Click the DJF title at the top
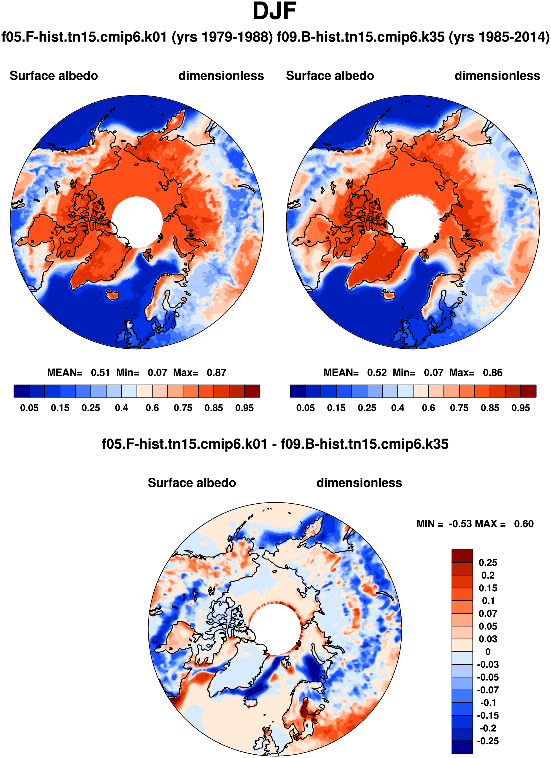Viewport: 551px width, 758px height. [275, 11]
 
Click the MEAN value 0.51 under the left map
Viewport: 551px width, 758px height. [100, 373]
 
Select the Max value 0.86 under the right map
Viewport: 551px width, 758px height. [492, 373]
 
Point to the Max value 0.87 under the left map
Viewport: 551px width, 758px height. [216, 373]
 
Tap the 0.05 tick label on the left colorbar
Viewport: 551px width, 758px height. [29, 408]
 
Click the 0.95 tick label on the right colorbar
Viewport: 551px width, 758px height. [521, 408]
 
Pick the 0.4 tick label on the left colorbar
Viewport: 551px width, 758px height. [121, 408]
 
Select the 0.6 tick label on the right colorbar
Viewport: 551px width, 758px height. [428, 408]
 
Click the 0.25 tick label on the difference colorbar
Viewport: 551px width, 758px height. [488, 563]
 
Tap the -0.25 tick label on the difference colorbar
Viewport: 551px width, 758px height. [488, 741]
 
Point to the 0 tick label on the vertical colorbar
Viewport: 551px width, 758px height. [488, 652]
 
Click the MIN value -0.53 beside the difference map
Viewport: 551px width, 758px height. [460, 524]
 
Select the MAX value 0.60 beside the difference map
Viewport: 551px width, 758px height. [524, 524]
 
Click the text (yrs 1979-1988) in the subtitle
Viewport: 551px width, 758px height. [222, 37]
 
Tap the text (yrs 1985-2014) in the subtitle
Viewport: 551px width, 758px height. [499, 37]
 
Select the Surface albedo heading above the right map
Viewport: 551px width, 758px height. [330, 76]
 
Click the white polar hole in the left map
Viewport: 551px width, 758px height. [137, 222]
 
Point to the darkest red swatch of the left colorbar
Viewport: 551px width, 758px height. [252, 391]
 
